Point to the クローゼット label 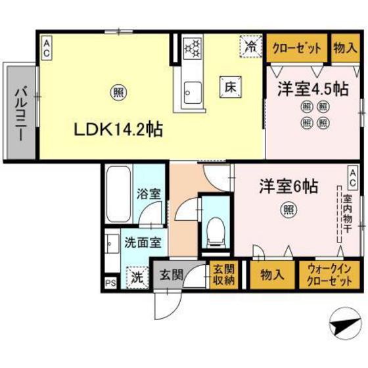click(297, 48)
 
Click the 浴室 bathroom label click(148, 195)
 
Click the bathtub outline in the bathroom click(118, 194)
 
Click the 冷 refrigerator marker click(250, 45)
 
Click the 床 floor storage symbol click(231, 85)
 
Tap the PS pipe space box click(109, 283)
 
